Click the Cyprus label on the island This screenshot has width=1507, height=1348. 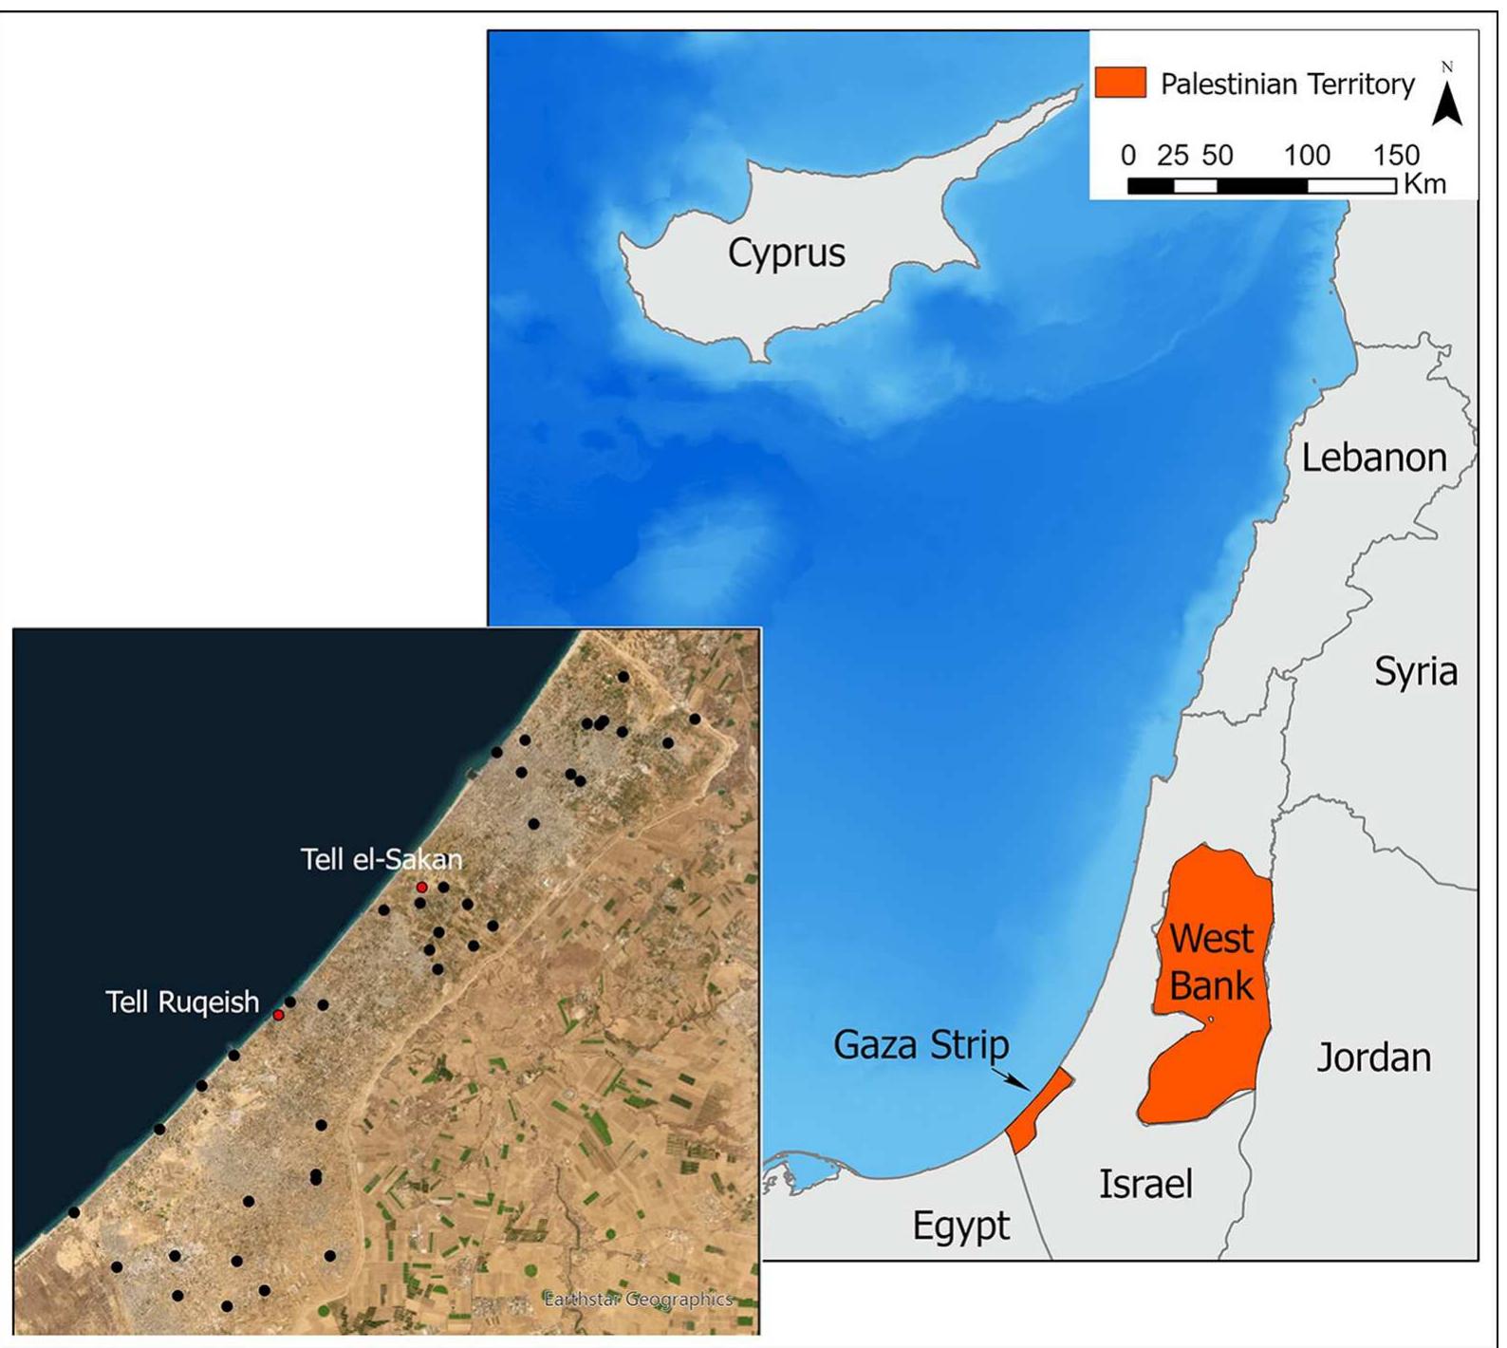click(x=786, y=253)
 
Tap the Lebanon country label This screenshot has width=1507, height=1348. click(x=1373, y=458)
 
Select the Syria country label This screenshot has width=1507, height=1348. click(x=1415, y=672)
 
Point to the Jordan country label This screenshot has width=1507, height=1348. click(x=1372, y=1057)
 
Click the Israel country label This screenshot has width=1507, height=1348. click(x=1144, y=1184)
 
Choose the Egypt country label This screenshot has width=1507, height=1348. click(x=960, y=1226)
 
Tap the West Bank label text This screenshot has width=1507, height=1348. click(x=1211, y=962)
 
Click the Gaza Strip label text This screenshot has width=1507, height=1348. click(x=921, y=1045)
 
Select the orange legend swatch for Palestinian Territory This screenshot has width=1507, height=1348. click(x=1120, y=83)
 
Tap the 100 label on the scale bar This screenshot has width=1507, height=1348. click(x=1307, y=155)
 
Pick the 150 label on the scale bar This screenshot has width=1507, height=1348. click(x=1396, y=155)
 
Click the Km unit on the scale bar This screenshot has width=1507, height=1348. click(x=1423, y=183)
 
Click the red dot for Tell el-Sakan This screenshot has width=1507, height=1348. click(x=422, y=887)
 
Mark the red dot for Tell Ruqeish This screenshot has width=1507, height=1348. click(x=278, y=1015)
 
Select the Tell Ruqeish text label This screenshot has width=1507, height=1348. click(x=182, y=1002)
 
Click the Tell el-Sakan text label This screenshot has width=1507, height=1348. click(x=381, y=859)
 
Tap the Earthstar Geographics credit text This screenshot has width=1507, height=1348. click(x=638, y=1299)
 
